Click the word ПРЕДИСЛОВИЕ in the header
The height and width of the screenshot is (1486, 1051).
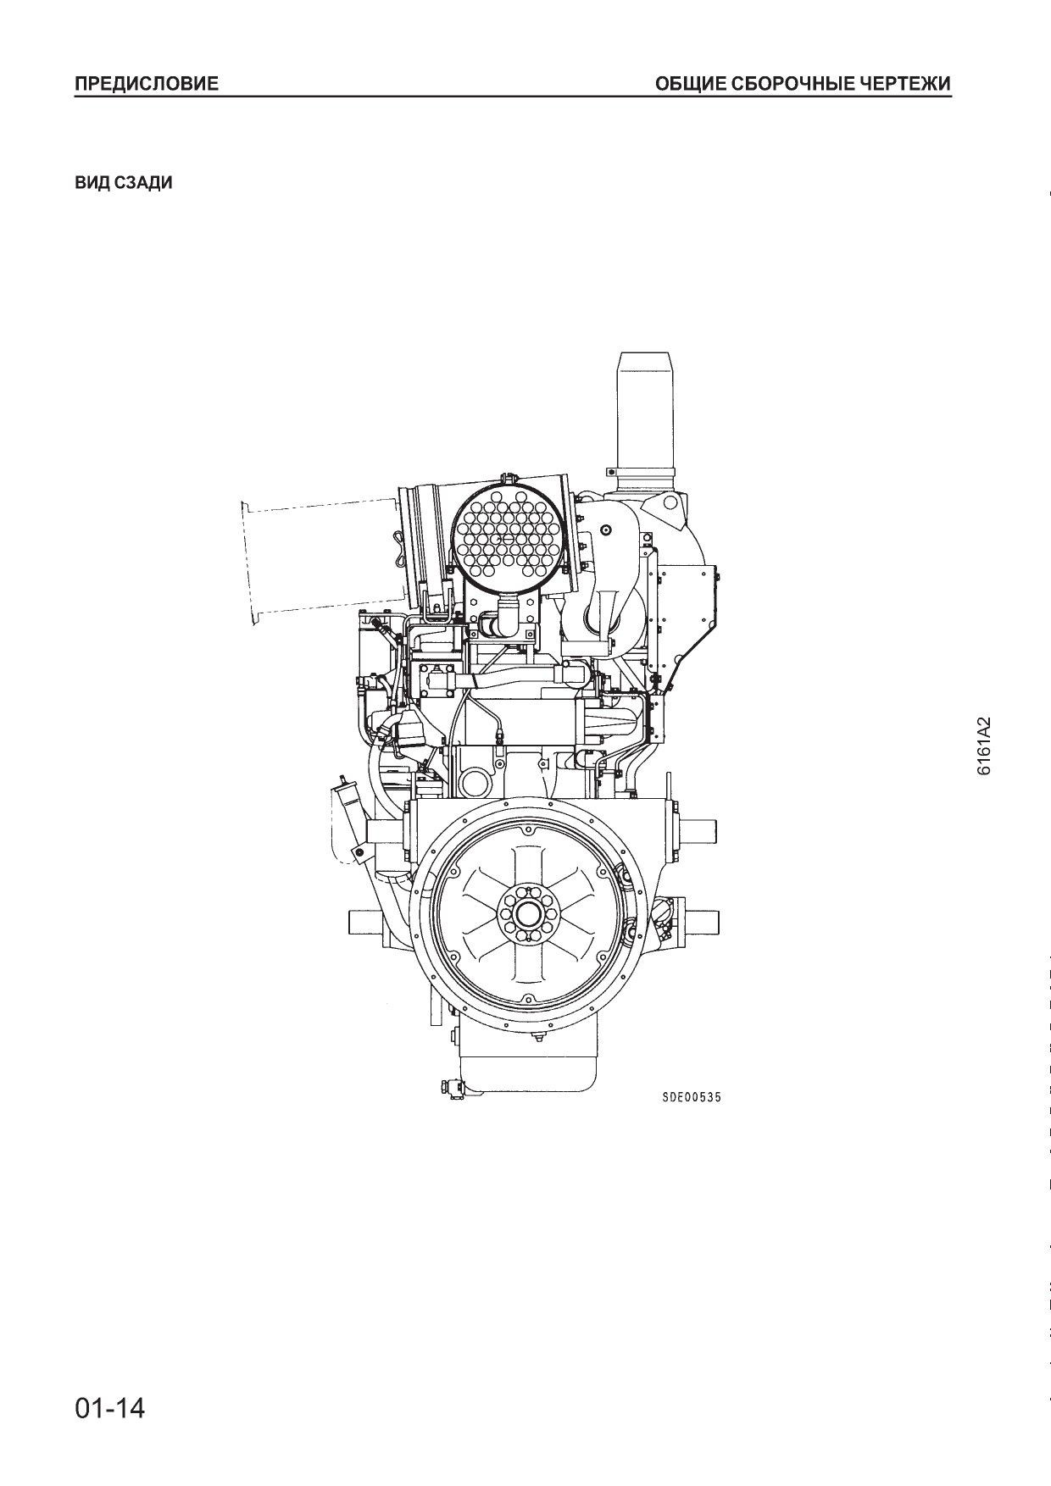tap(147, 84)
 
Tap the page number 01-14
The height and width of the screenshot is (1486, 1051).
tap(110, 1408)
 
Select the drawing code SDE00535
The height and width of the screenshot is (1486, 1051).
tap(692, 1097)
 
